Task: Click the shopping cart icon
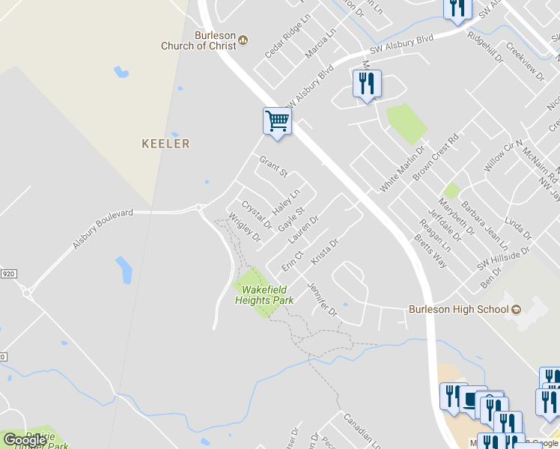(277, 121)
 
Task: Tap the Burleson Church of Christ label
(199, 40)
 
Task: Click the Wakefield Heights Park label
(264, 294)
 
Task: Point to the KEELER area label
(165, 144)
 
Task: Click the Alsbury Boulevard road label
(103, 228)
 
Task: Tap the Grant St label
(273, 167)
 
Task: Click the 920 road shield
(7, 275)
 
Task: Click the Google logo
(25, 441)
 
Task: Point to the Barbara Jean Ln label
(484, 224)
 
